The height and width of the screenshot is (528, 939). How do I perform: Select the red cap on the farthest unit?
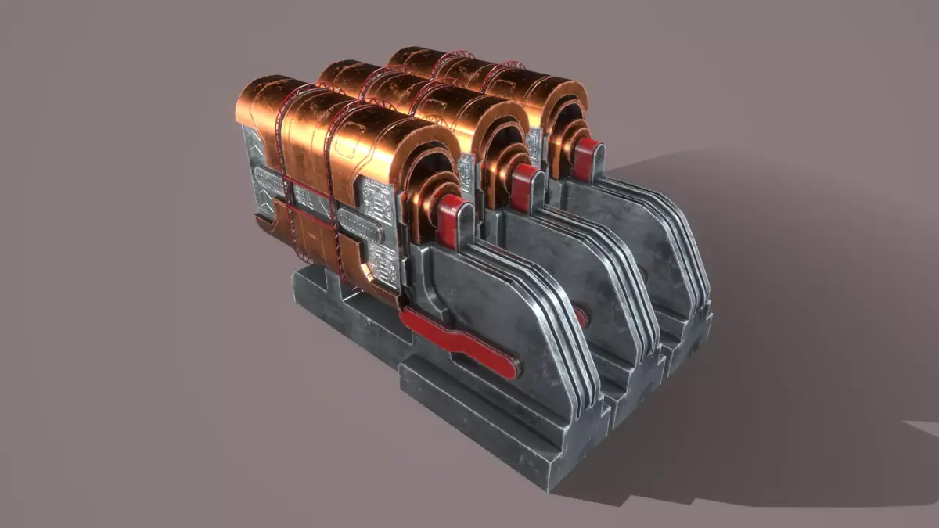(587, 153)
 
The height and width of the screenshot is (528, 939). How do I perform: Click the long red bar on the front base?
(462, 344)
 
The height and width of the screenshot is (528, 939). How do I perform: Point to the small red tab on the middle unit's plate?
(580, 316)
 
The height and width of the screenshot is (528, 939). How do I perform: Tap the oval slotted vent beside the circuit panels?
(361, 232)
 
